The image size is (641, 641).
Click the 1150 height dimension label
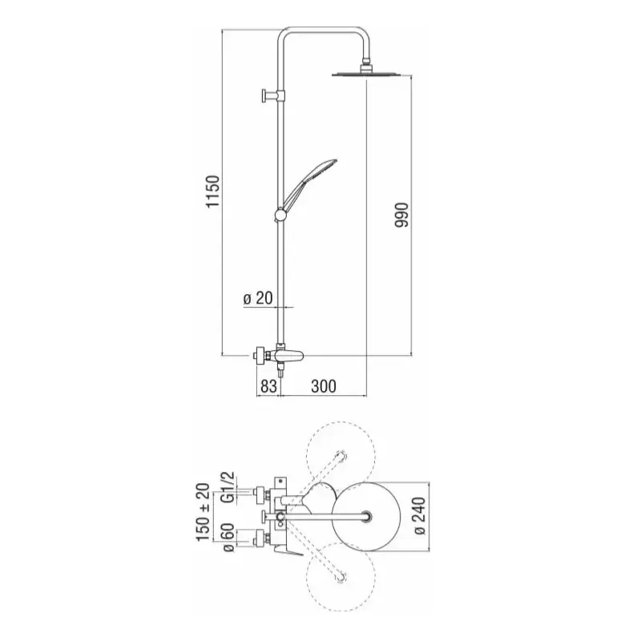pos(213,191)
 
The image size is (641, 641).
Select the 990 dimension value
pos(401,215)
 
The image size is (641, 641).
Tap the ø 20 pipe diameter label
pos(258,298)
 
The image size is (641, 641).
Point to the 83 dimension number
pos(268,386)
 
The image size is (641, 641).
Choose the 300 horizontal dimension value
pos(324,386)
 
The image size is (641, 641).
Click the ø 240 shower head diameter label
pos(419,516)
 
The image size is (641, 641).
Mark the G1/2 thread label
pos(228,487)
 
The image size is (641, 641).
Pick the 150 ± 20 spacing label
pos(204,512)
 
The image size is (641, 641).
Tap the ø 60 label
pos(228,538)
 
